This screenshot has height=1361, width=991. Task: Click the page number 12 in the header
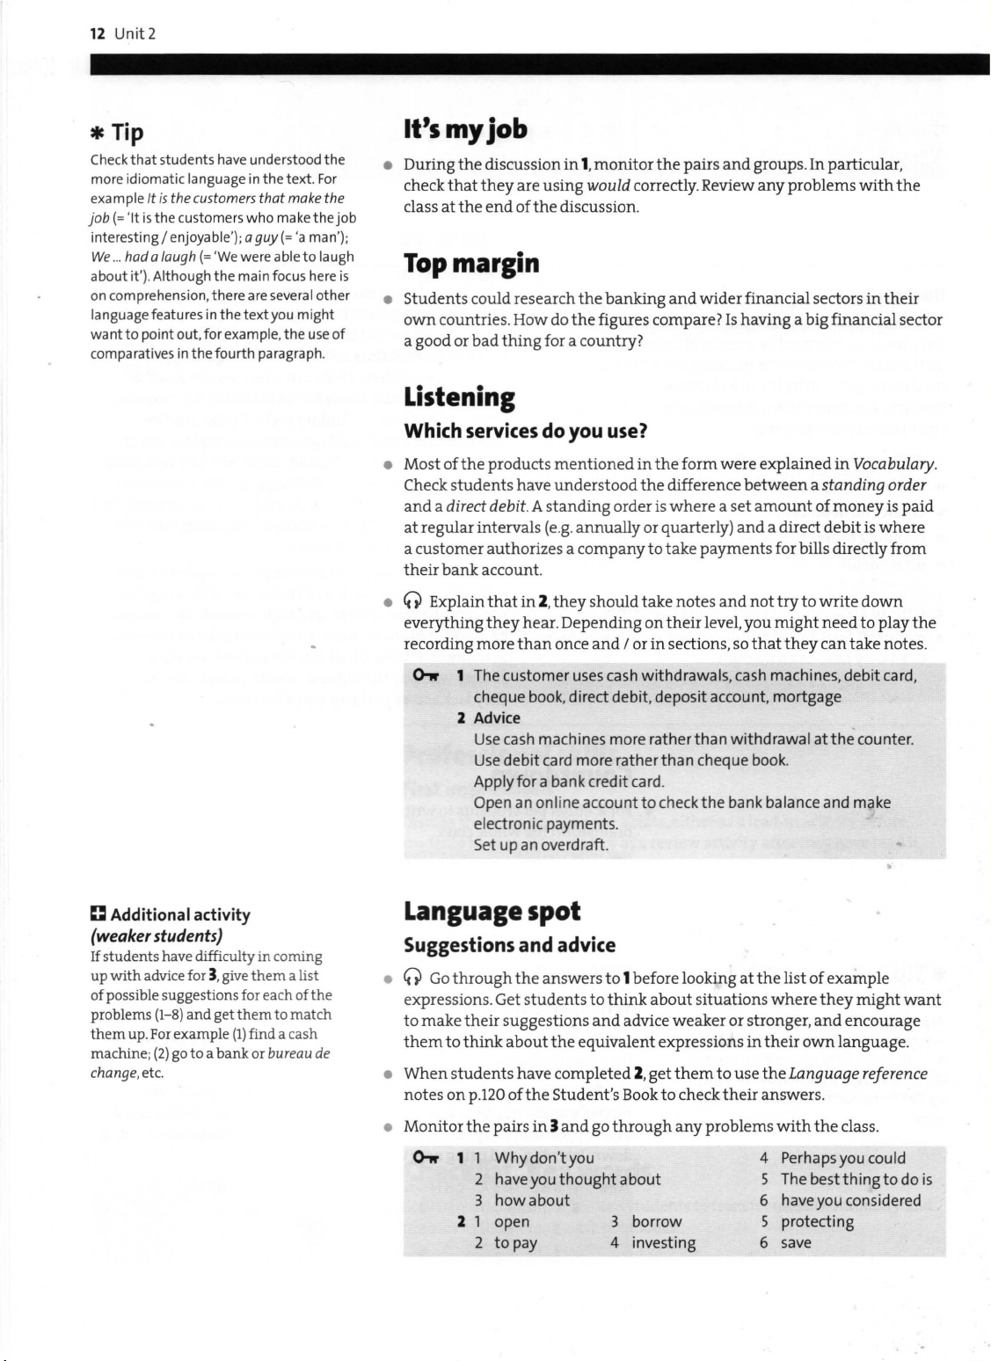click(97, 34)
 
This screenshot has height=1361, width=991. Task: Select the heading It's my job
click(465, 130)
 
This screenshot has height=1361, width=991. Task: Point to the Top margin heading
click(471, 263)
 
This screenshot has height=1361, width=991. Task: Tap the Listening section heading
click(459, 397)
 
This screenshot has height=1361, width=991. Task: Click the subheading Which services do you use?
click(525, 432)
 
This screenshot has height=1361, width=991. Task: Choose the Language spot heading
click(492, 912)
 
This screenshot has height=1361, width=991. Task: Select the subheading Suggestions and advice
click(509, 946)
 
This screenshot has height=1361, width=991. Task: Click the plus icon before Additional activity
click(98, 914)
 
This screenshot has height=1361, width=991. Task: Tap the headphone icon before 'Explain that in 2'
click(412, 602)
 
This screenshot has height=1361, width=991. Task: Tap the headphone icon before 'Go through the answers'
click(412, 979)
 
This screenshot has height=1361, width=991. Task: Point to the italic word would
click(608, 186)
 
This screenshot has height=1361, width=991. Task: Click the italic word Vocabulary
click(894, 464)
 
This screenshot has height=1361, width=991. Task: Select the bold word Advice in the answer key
click(497, 717)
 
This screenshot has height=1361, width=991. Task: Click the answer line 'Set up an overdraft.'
click(541, 845)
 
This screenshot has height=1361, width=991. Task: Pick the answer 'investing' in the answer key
click(663, 1243)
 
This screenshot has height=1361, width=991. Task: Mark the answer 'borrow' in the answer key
click(656, 1222)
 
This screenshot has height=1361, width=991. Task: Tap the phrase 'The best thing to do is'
click(856, 1180)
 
